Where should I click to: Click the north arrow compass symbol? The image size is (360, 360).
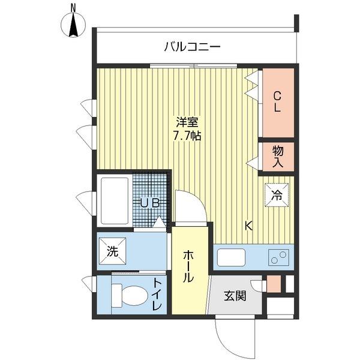point(74,25)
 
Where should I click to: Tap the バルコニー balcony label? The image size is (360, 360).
point(192,46)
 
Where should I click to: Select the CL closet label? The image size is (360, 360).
point(277,101)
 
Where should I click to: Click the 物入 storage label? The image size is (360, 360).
point(277,156)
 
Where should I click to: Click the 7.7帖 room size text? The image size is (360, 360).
point(187,136)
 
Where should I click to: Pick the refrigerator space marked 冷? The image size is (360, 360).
point(277,194)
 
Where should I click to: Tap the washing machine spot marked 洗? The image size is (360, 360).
point(112,252)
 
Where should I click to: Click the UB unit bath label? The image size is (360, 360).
point(149,203)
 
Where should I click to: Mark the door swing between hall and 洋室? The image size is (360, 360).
point(191,207)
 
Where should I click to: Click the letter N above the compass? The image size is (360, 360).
point(73,7)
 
